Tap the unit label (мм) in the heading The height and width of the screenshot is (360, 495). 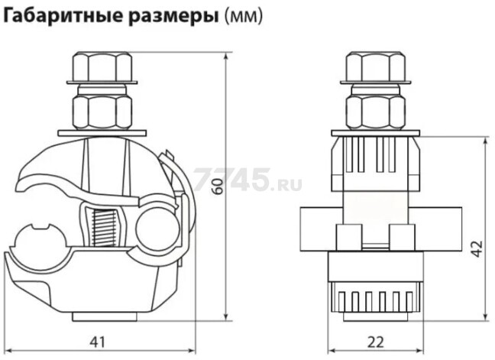tap(242, 17)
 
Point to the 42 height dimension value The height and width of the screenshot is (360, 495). tap(476, 249)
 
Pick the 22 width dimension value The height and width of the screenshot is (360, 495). tap(373, 340)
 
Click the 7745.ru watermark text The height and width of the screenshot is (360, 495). tap(248, 180)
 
